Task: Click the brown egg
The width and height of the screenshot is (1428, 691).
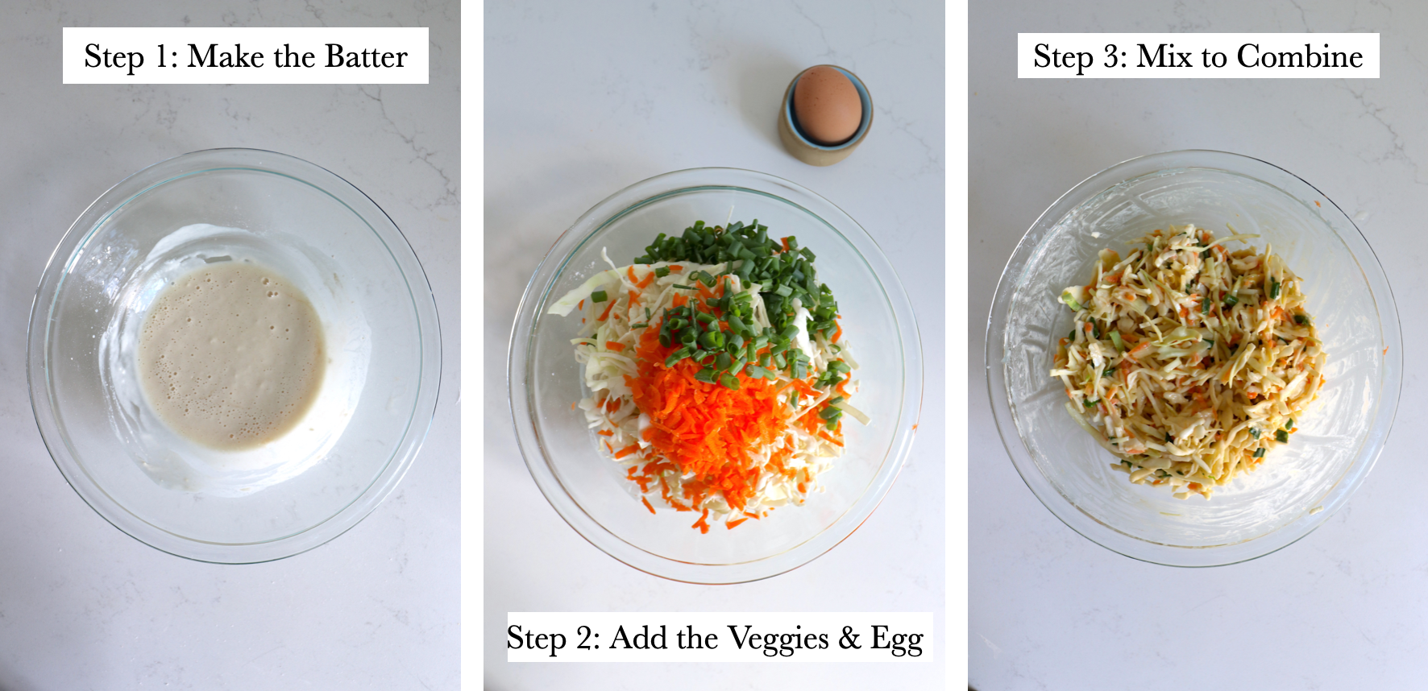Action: pos(827,105)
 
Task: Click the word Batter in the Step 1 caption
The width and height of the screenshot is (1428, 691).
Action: pos(366,57)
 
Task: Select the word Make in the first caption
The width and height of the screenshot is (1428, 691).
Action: pos(226,57)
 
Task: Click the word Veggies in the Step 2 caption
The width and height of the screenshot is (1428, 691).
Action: pos(778,639)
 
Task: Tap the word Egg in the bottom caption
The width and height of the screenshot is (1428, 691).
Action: pos(896,639)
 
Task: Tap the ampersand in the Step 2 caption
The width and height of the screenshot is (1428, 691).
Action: pos(849,639)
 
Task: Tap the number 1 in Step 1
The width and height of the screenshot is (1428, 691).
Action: pos(162,57)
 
